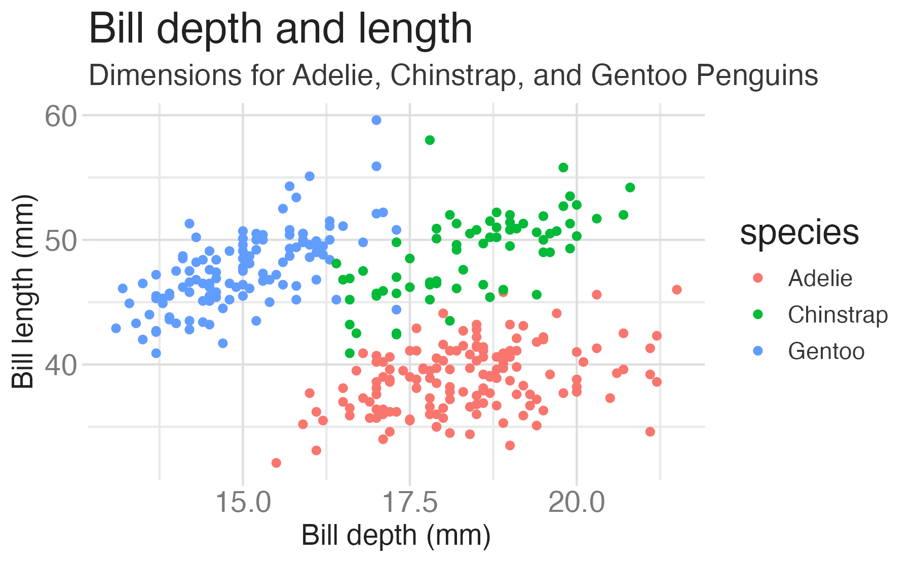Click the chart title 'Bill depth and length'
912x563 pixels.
click(280, 29)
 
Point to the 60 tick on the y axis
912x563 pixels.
click(61, 116)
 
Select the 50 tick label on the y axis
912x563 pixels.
click(61, 240)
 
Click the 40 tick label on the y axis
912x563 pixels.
click(61, 365)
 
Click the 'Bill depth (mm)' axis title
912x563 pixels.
click(396, 536)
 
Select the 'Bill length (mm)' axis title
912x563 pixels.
click(23, 291)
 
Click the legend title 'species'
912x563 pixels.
click(799, 233)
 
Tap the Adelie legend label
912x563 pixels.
click(820, 278)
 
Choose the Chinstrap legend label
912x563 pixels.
click(838, 315)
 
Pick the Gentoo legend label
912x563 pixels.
click(826, 351)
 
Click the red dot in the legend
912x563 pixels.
click(758, 278)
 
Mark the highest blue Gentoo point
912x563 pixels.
click(376, 120)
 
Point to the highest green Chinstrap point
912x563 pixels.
click(430, 140)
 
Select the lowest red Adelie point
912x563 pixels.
click(276, 463)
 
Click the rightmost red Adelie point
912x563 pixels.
click(676, 290)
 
